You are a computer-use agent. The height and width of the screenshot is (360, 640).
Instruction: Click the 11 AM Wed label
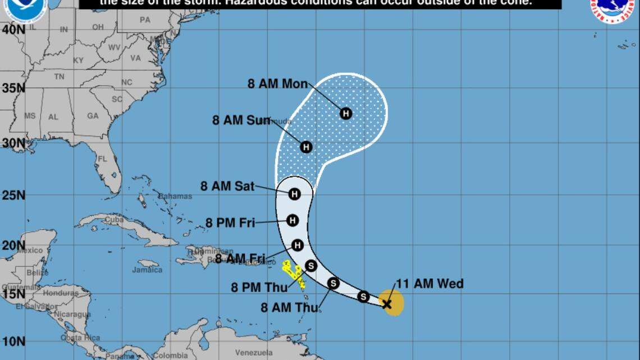pos(430,284)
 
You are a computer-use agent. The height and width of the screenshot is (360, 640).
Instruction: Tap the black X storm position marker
pos(387,304)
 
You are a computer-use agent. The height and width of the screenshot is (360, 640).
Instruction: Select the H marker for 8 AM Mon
pos(346,113)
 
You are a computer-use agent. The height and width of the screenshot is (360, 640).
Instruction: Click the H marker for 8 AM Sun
pos(306,147)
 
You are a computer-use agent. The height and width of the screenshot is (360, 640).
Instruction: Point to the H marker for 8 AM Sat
pos(294,194)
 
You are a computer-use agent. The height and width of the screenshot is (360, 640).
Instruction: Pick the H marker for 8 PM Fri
pos(292,220)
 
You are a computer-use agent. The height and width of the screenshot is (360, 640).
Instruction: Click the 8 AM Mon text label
pos(277,84)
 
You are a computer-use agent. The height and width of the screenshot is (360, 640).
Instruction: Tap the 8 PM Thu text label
pos(259,288)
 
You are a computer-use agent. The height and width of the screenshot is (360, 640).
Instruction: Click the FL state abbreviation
pos(103,159)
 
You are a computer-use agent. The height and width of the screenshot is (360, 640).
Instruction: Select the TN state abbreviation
pos(59,76)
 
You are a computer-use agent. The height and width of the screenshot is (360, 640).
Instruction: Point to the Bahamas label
pos(175,197)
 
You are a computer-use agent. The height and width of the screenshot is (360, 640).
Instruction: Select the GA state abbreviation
pos(93,116)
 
